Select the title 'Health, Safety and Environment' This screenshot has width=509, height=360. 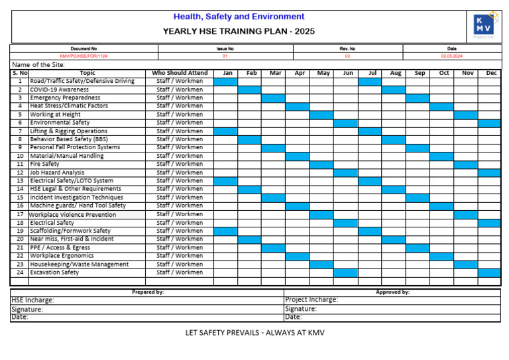[239, 17]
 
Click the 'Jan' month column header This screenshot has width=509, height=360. [226, 73]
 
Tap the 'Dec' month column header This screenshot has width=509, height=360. [490, 73]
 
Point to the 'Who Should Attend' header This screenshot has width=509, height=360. [180, 73]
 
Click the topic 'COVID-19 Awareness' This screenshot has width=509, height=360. [59, 90]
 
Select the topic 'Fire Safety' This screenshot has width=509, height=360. [44, 164]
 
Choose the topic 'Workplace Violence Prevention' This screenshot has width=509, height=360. [72, 214]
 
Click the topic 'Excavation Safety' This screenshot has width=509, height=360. [54, 272]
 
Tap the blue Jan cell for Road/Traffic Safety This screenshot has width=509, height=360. [226, 82]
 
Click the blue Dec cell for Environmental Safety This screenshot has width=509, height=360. [490, 123]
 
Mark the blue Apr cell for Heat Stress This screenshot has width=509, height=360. [298, 106]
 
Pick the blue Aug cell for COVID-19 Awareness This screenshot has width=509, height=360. [394, 90]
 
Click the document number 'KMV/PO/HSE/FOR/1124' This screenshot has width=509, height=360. [84, 56]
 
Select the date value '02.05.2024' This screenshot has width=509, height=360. [451, 56]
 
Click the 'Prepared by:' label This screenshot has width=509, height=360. [147, 292]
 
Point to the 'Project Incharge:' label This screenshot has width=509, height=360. [311, 300]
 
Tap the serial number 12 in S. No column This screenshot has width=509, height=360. [20, 172]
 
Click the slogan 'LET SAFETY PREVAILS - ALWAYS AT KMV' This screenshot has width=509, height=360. [254, 332]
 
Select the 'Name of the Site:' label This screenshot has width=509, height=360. [38, 65]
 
